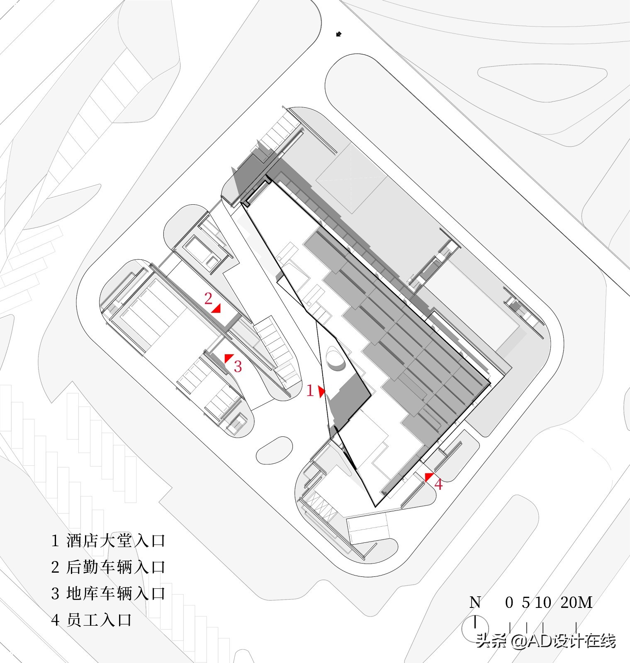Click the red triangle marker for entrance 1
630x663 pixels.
tap(321, 392)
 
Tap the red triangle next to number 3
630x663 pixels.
tap(228, 358)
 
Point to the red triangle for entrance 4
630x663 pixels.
tap(428, 477)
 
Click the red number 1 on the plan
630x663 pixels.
tap(310, 391)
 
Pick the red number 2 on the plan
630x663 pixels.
tap(208, 298)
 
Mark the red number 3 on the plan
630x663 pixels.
tap(238, 366)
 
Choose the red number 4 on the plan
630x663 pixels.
tap(438, 484)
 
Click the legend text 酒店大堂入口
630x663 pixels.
tap(116, 541)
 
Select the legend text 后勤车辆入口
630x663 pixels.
tap(116, 567)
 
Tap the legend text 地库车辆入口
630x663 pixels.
tap(116, 594)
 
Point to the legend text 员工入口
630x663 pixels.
tap(99, 620)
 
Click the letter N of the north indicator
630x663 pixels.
tap(475, 603)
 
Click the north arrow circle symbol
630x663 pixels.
tap(475, 628)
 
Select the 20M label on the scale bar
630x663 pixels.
tap(576, 603)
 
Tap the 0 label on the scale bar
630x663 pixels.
tap(509, 603)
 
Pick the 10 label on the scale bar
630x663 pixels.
tap(543, 603)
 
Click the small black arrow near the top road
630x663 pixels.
tap(339, 34)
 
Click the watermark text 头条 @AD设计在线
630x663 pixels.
tap(546, 641)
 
